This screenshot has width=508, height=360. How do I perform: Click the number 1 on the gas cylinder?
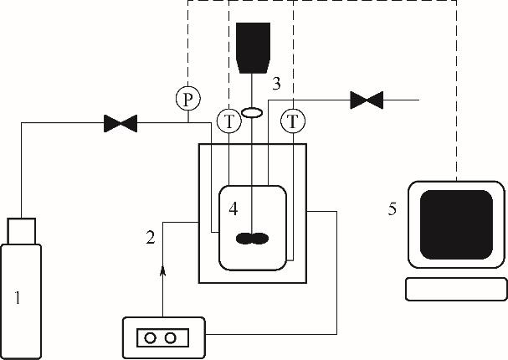19,296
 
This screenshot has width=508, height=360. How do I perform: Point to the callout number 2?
150,237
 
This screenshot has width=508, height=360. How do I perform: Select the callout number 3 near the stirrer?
277,85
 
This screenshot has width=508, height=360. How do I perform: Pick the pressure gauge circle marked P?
188,100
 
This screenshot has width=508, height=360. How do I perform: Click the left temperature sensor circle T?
228,121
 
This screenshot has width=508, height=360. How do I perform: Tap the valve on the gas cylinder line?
121,124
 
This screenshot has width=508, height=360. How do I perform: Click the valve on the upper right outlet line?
366,101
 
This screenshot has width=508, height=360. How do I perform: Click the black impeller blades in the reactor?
252,239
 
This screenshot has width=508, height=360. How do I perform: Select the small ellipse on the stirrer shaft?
251,111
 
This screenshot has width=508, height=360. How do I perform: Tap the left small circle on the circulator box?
151,337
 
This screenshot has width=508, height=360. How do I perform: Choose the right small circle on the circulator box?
172,337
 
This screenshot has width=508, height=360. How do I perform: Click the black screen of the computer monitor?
456,224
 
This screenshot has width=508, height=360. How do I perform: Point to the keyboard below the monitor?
456,289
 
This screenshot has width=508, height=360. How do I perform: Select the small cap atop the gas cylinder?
23,229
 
